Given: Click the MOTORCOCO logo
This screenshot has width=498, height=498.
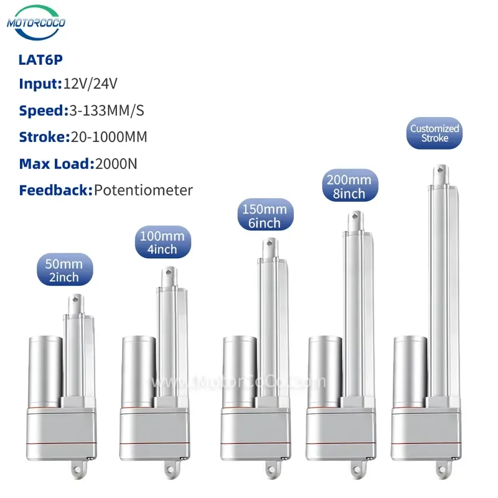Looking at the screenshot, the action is (36, 22).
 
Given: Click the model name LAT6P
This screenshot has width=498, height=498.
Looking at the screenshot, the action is (40, 60).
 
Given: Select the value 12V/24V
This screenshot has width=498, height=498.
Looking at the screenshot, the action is (90, 84).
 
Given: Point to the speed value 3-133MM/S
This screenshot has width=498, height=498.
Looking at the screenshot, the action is (106, 111).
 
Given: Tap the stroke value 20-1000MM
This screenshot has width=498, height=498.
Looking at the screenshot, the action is (109, 137).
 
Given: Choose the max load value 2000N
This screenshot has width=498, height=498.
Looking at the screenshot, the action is (116, 164).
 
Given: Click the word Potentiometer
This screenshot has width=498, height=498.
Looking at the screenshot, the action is (144, 190).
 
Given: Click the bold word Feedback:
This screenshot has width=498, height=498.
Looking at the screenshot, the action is (56, 190).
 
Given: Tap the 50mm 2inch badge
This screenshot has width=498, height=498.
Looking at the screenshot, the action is (65, 270).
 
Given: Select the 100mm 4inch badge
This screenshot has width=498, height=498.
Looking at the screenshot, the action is (163, 242).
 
